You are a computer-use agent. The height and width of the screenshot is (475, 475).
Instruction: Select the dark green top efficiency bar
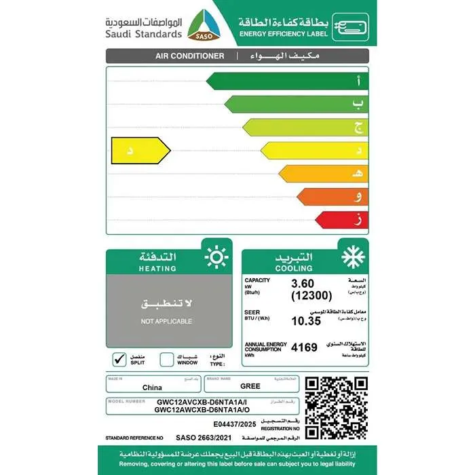[286, 81]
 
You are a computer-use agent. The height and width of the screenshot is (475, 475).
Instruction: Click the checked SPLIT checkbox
[118, 359]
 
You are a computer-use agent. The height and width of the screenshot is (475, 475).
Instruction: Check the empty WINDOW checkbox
[167, 359]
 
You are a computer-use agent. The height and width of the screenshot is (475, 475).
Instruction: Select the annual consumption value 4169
[304, 348]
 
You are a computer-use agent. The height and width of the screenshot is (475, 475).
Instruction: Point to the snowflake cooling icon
[351, 258]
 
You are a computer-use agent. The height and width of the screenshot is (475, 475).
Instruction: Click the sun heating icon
[216, 258]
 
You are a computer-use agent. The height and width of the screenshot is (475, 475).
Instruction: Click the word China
[152, 387]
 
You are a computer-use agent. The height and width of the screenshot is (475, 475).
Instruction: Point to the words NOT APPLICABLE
[166, 321]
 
